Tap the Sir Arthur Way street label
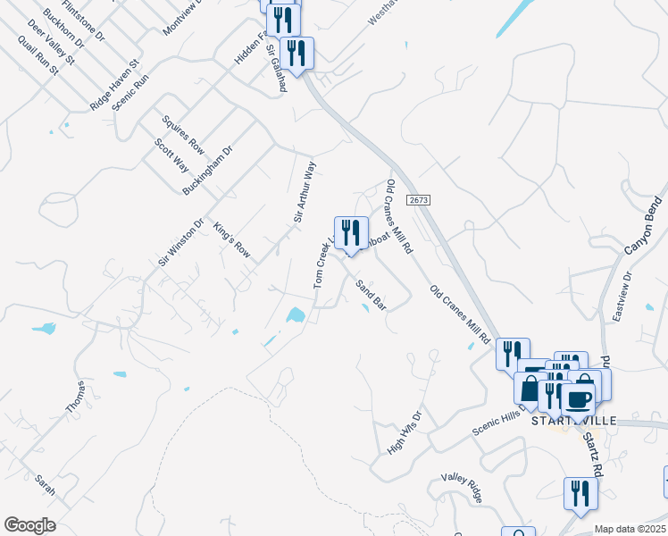(x=305, y=192)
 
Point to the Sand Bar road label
(x=371, y=295)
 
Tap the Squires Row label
(x=184, y=134)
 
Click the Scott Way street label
(x=171, y=155)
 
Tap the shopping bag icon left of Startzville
(x=530, y=389)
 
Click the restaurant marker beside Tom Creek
(x=351, y=233)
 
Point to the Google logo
(x=29, y=525)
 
